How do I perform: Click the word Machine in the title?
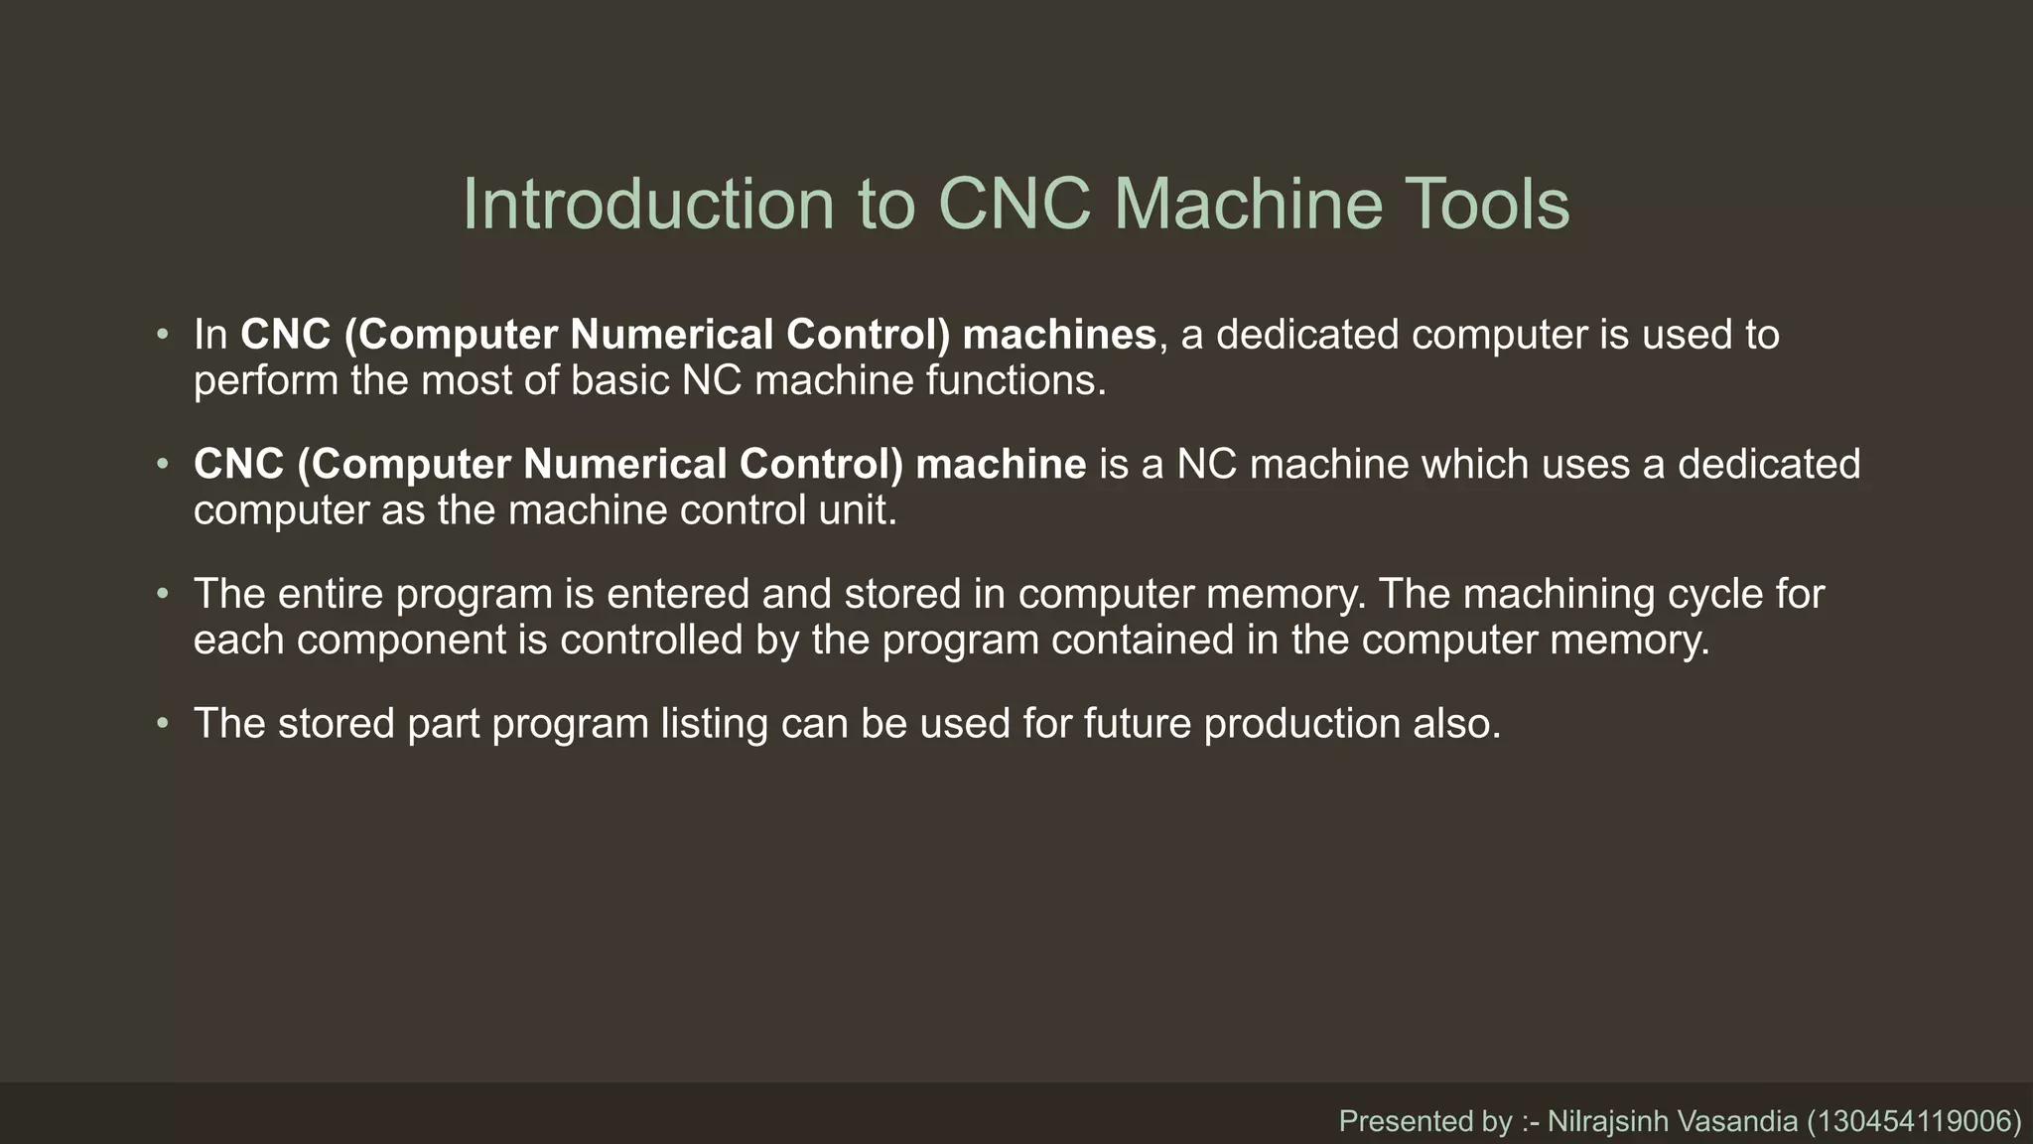pos(1248,204)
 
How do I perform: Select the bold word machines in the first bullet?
pos(1059,335)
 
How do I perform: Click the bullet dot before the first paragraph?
pos(163,335)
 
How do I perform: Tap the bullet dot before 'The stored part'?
pos(163,724)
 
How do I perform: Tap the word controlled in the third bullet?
pos(651,641)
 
